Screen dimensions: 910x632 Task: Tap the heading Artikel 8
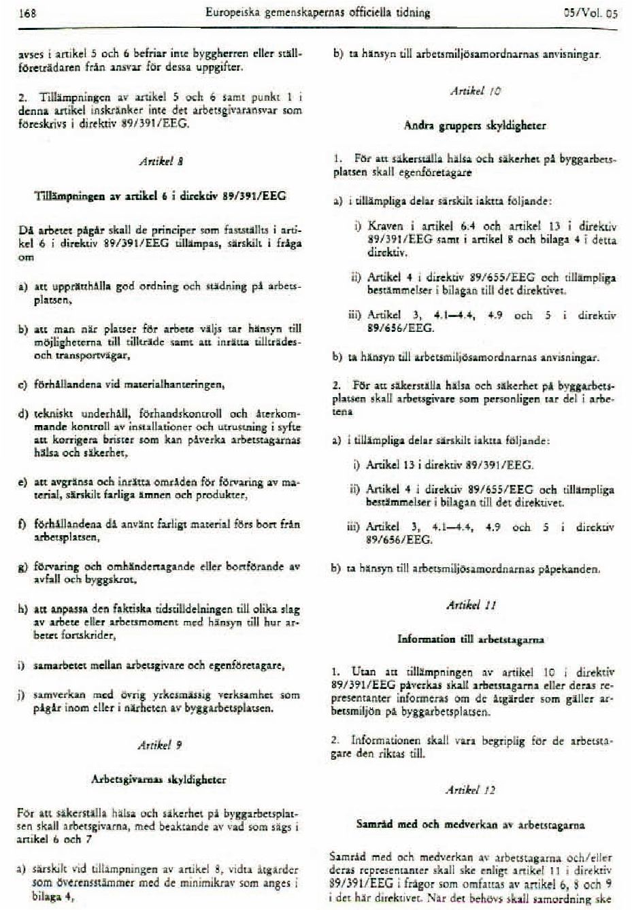(161, 162)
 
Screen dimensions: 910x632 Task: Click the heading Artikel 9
(161, 745)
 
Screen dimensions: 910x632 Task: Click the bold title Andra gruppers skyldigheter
(474, 126)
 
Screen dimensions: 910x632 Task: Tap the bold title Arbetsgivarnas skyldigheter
(159, 779)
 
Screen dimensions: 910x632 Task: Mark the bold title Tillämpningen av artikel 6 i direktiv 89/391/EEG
(160, 196)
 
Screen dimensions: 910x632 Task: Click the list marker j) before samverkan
(22, 696)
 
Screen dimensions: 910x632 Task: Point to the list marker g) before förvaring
(22, 567)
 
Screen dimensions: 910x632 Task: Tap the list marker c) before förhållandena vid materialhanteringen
(22, 384)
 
